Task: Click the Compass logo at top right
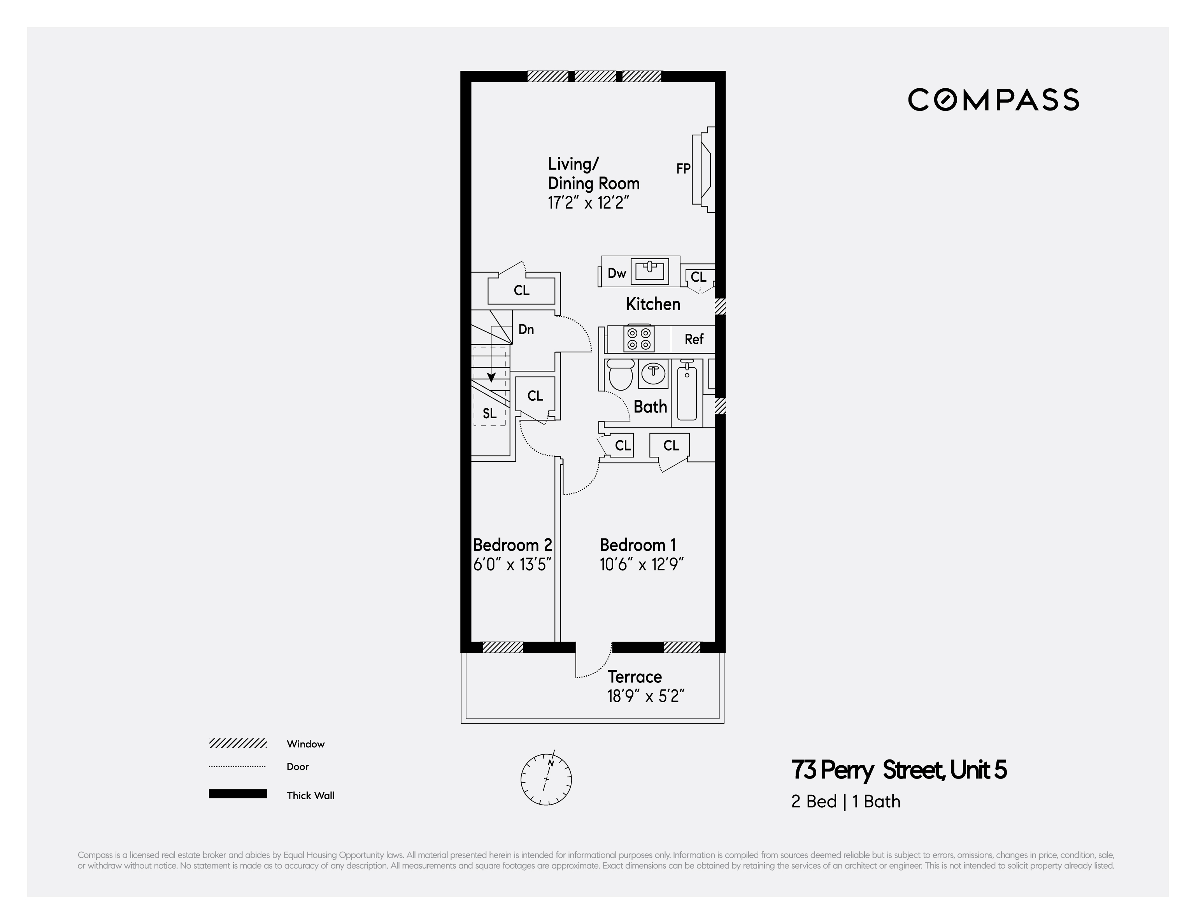(x=993, y=100)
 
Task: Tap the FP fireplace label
(x=683, y=169)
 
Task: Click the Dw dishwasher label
(x=617, y=274)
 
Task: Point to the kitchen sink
(x=649, y=270)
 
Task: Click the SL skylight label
(x=489, y=414)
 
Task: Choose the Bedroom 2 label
(x=512, y=545)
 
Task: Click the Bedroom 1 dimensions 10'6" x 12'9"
(x=641, y=564)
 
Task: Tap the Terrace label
(x=635, y=677)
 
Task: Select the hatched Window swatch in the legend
(x=238, y=743)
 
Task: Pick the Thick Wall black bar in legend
(x=238, y=794)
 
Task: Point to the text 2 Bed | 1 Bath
(x=845, y=801)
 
